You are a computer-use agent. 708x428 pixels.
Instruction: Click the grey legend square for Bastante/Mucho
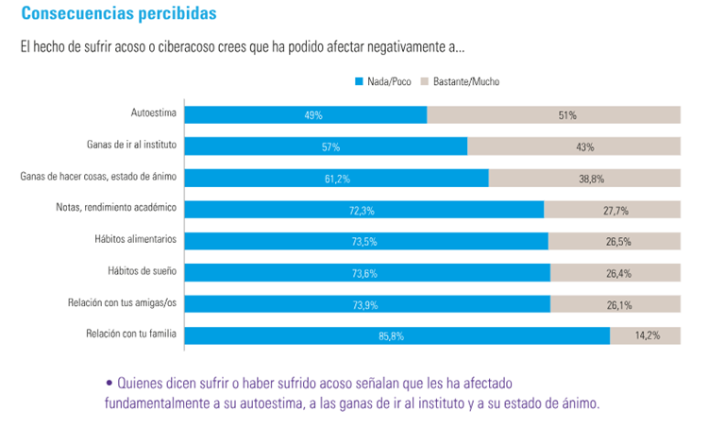424,81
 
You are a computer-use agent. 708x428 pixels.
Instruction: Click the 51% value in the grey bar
566,115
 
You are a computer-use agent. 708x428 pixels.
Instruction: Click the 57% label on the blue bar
330,147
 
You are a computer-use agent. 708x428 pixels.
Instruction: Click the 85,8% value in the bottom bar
395,336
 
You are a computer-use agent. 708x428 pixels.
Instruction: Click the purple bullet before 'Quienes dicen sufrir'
110,384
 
